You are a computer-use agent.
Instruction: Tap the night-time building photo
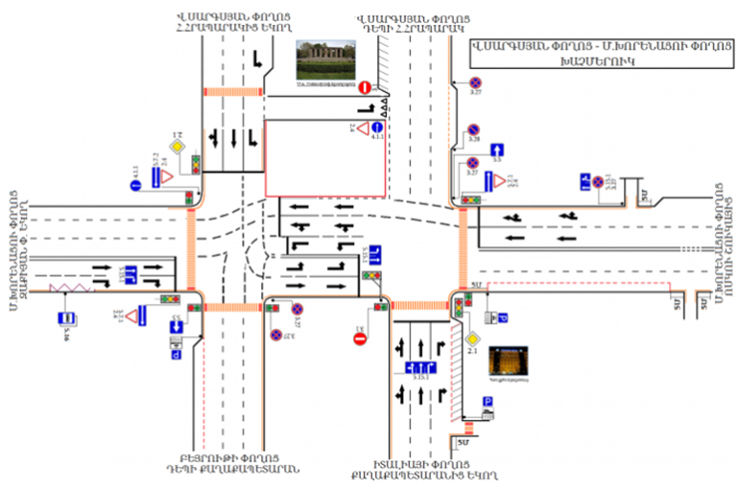tap(508, 362)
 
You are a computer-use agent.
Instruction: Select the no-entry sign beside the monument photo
tap(364, 87)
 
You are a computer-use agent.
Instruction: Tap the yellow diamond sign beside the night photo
tap(471, 338)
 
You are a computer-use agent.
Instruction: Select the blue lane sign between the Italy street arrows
tap(422, 368)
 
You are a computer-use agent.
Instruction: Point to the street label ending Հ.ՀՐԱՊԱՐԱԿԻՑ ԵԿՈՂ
tap(229, 23)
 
